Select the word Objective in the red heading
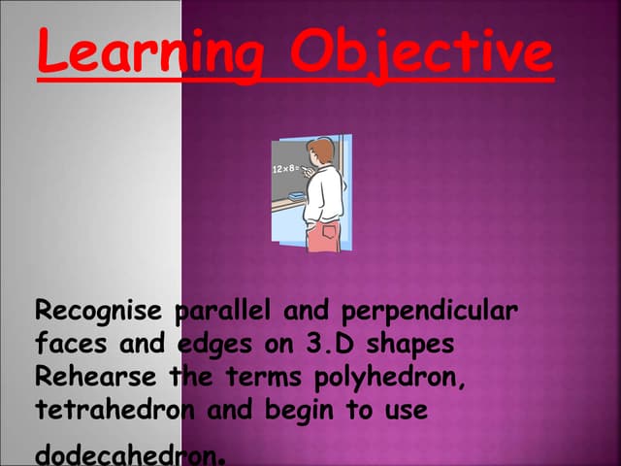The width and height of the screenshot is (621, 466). coord(422,53)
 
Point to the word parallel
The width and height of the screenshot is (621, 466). coord(222,313)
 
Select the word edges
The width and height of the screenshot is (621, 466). coord(215,345)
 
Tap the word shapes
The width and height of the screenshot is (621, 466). coord(411,345)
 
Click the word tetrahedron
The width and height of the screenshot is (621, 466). coord(116,409)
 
